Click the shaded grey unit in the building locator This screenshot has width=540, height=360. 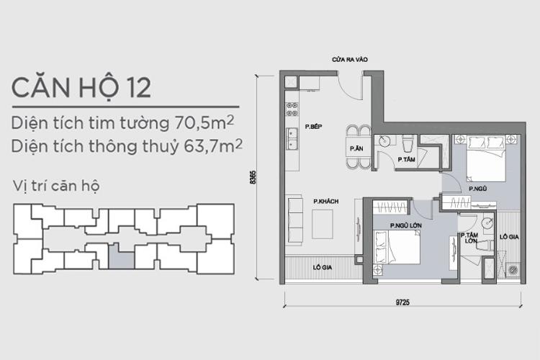click(x=125, y=256)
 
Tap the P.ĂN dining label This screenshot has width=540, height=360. click(x=356, y=148)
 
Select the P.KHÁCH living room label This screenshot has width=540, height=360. click(x=325, y=201)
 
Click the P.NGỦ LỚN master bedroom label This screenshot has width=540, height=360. click(x=405, y=225)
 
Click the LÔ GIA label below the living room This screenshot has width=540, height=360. click(x=322, y=267)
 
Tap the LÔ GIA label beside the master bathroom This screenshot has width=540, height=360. click(x=508, y=235)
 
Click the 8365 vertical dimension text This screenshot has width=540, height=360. click(x=253, y=177)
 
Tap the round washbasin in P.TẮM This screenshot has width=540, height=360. click(x=386, y=141)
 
